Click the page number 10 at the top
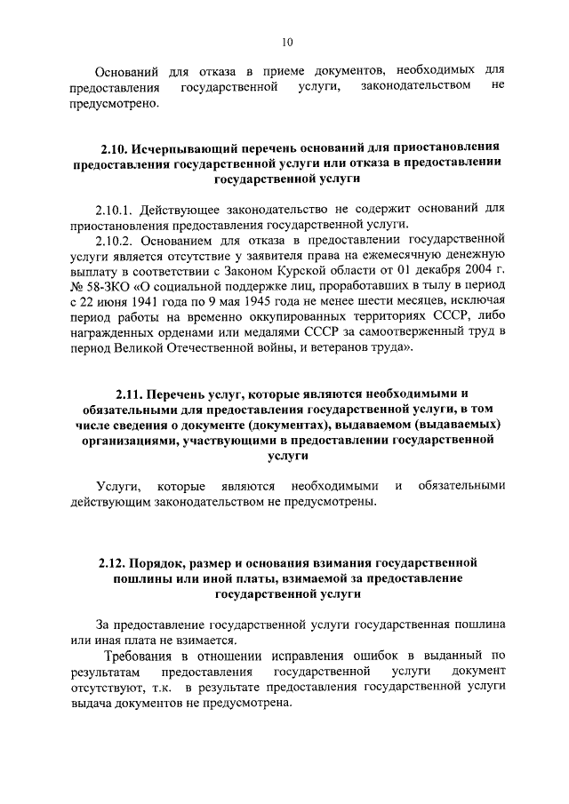[285, 41]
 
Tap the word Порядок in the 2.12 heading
[163, 562]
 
